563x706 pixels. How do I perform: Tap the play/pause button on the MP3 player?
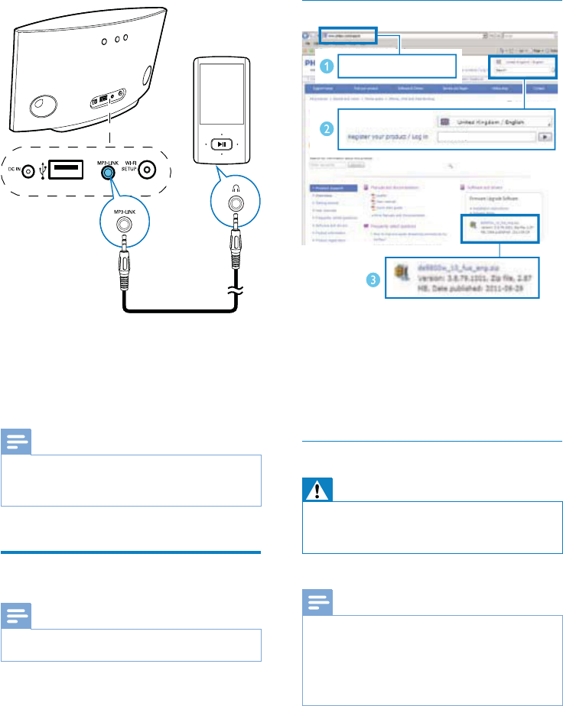tap(220, 143)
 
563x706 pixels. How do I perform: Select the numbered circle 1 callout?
tap(327, 66)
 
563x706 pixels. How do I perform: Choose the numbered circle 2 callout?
tap(327, 128)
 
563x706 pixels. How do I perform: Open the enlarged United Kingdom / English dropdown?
tap(496, 121)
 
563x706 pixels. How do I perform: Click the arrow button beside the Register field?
tap(544, 137)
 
